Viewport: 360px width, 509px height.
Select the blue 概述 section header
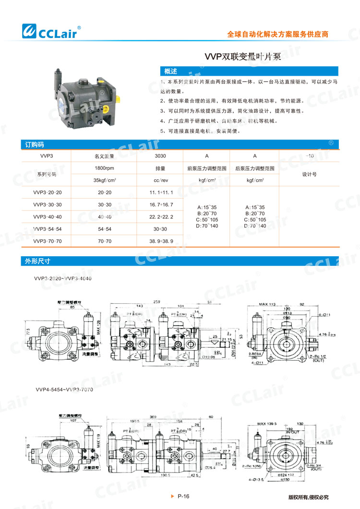171,71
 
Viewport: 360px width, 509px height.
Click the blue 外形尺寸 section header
38,261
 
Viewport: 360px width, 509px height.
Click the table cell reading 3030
160,156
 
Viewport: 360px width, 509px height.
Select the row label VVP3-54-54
48,229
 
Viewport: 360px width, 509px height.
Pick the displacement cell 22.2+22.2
160,217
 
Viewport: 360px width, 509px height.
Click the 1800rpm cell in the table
104,168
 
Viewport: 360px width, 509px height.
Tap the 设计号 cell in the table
309,175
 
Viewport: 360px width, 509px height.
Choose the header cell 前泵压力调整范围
206,168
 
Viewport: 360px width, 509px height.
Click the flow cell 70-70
104,241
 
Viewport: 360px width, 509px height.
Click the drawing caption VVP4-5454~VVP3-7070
64,390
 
